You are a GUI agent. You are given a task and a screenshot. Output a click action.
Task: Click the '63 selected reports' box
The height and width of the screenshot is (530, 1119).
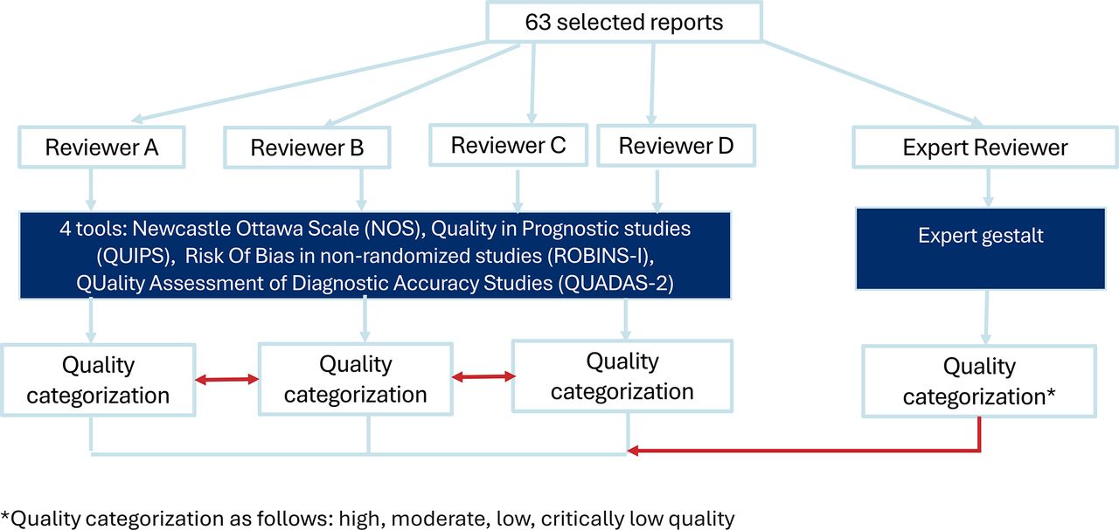point(624,22)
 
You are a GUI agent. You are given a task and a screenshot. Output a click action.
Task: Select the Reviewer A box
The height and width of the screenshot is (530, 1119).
point(101,147)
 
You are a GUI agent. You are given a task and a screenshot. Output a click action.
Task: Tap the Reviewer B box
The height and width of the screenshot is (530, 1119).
point(307,148)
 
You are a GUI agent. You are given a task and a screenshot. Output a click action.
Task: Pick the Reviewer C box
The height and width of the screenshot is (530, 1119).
point(508,145)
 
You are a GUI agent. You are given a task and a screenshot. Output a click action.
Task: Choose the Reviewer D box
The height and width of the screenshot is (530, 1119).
point(676,145)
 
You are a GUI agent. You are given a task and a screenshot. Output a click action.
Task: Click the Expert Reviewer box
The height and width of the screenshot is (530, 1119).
point(984,148)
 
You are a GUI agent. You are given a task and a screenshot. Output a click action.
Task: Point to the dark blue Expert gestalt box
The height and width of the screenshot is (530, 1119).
point(980,249)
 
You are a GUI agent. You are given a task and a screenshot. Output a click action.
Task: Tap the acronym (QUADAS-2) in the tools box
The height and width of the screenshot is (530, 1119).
point(616,283)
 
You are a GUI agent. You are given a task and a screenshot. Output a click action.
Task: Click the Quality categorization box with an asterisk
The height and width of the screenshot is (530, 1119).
point(979,381)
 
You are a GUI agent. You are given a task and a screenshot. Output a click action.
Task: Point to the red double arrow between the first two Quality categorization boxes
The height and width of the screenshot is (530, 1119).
point(226,380)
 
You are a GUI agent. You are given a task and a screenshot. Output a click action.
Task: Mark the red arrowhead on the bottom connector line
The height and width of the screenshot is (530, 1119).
point(634,451)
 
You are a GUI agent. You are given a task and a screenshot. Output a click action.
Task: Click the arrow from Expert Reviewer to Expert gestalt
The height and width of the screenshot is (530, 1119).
point(988,188)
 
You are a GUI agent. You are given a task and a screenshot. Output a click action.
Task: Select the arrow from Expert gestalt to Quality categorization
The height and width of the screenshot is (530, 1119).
point(986,318)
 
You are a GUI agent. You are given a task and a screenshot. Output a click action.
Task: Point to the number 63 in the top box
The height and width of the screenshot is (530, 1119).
point(538,22)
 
